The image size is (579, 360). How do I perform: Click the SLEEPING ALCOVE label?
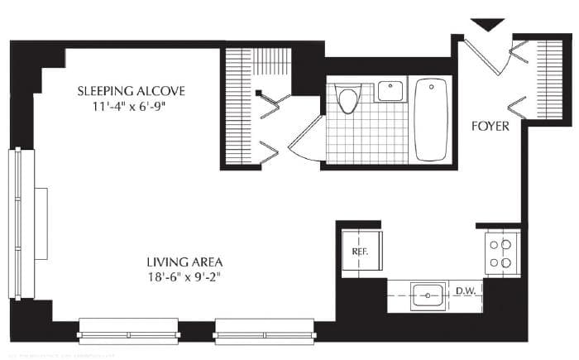click(x=131, y=90)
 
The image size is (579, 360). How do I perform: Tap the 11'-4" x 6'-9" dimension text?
click(x=131, y=107)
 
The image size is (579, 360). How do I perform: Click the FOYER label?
click(x=490, y=127)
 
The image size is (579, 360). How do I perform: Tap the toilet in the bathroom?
click(x=348, y=100)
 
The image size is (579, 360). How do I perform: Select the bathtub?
click(x=431, y=119)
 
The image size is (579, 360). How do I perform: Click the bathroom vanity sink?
click(x=390, y=90)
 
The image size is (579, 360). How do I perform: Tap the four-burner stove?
click(x=501, y=253)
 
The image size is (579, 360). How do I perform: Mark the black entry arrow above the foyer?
click(x=487, y=25)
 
